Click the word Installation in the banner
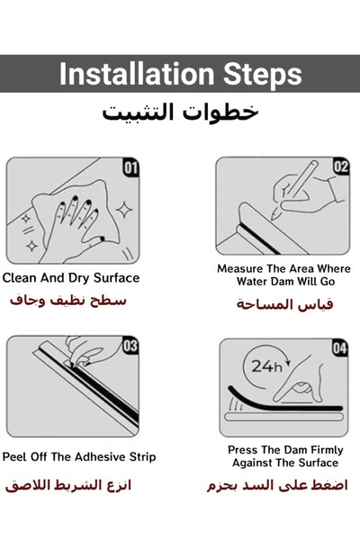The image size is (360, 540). click(137, 74)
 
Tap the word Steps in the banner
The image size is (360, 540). click(263, 75)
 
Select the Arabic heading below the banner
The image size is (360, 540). click(180, 112)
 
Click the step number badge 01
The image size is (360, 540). click(130, 167)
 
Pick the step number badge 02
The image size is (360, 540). click(341, 166)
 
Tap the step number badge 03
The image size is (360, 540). click(130, 346)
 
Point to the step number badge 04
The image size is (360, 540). click(339, 347)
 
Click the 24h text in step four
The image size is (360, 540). click(266, 366)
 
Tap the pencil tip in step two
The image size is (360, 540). click(274, 217)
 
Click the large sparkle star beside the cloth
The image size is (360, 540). click(124, 210)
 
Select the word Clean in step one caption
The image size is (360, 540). click(19, 278)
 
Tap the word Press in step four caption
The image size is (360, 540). click(242, 450)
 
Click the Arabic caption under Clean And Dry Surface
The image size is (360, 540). click(68, 301)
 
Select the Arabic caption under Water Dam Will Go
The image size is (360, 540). click(285, 304)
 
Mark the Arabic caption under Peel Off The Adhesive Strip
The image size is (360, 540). click(68, 485)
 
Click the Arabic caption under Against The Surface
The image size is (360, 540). click(277, 485)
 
